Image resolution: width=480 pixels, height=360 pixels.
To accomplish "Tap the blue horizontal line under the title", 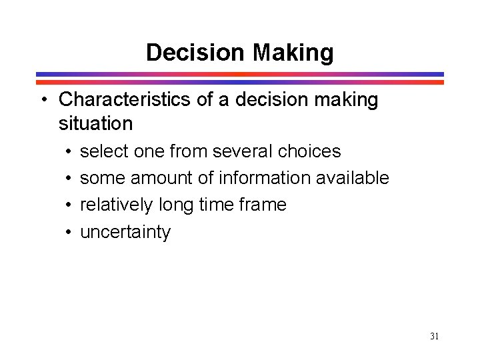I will click(x=239, y=74).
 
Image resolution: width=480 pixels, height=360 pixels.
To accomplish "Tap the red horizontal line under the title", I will click(x=239, y=82).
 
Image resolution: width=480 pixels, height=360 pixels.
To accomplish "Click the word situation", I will click(x=95, y=123).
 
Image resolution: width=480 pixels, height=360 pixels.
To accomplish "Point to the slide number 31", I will click(x=434, y=336).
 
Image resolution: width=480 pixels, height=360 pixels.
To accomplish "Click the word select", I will click(x=104, y=151).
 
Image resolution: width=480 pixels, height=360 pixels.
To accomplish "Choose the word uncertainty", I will click(x=125, y=233).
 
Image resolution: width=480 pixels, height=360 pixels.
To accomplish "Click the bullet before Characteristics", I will click(x=43, y=101).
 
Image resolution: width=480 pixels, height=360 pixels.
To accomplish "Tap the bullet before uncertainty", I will click(x=69, y=233).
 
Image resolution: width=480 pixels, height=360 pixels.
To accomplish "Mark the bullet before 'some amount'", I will click(x=69, y=179).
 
